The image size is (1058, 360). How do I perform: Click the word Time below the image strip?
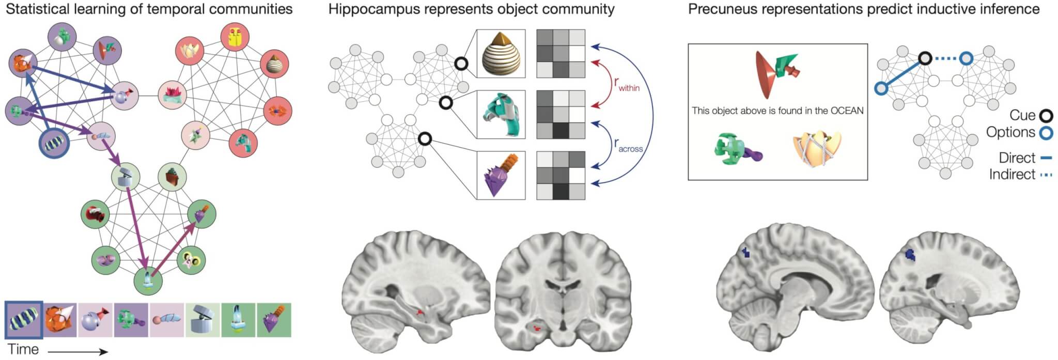pyautogui.click(x=23, y=349)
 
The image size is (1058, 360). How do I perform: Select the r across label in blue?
pyautogui.click(x=628, y=146)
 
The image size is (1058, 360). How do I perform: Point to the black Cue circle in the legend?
pyautogui.click(x=1046, y=116)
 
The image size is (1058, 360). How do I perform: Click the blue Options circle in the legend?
pyautogui.click(x=1046, y=133)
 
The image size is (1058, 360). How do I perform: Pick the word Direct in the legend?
pyautogui.click(x=1017, y=158)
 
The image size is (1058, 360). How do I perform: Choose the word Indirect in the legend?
pyautogui.click(x=1012, y=175)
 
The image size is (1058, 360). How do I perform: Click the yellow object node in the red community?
pyautogui.click(x=235, y=37)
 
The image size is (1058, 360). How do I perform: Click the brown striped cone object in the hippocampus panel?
pyautogui.click(x=501, y=54)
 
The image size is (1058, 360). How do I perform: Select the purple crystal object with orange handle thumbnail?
pyautogui.click(x=501, y=175)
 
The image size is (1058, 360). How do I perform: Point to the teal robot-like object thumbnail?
pyautogui.click(x=501, y=115)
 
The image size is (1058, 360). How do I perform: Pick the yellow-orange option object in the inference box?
pyautogui.click(x=817, y=148)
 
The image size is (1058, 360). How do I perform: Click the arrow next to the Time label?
pyautogui.click(x=77, y=352)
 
